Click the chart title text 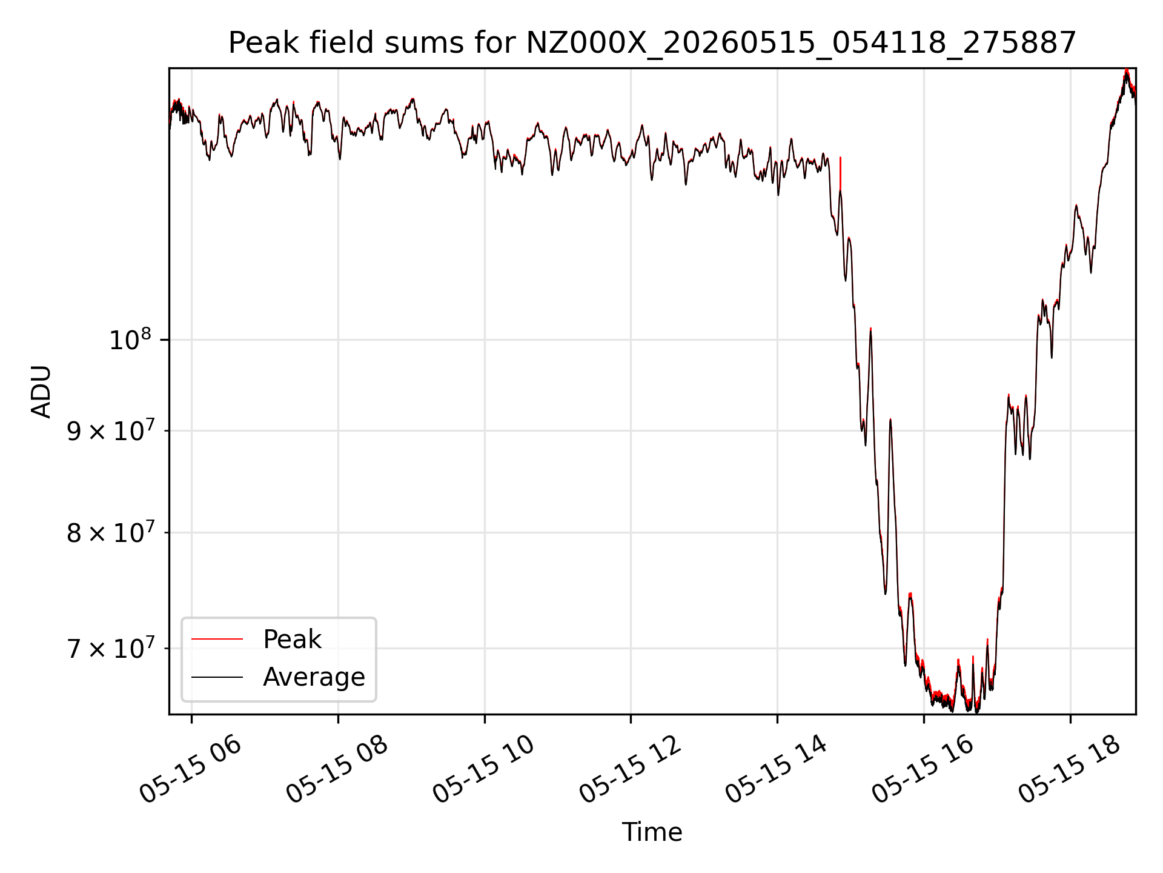[652, 43]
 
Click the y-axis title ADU [41, 392]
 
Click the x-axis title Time [652, 832]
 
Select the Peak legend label [292, 639]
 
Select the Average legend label [314, 677]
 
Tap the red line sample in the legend [217, 639]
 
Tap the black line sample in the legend [217, 677]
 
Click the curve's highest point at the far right [1127, 70]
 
